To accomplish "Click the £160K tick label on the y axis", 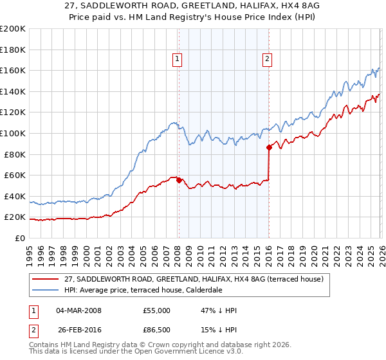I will pos(13,70).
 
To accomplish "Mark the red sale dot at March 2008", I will pos(179,180).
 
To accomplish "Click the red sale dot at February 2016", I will pos(269,147).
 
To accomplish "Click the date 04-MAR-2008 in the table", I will pos(79,310).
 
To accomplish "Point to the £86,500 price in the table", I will pos(157,330).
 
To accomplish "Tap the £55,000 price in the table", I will pos(157,310).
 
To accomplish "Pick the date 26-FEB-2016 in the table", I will pos(79,330).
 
